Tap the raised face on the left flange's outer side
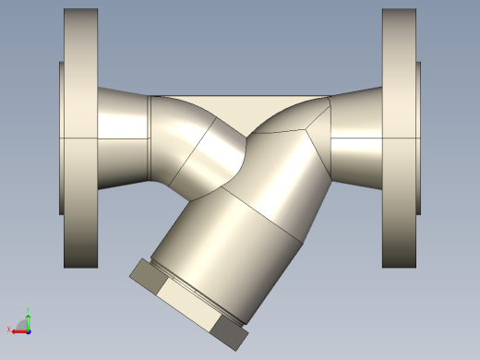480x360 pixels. tap(62, 138)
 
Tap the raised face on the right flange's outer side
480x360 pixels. tap(418, 138)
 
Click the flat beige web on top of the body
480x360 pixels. tap(240, 107)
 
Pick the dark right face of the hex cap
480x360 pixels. tap(231, 331)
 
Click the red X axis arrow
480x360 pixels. tap(18, 330)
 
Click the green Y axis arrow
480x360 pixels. tap(28, 320)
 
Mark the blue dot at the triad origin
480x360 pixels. tap(28, 330)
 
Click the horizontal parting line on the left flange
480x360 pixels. tap(79, 138)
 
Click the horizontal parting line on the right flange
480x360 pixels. tap(399, 138)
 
